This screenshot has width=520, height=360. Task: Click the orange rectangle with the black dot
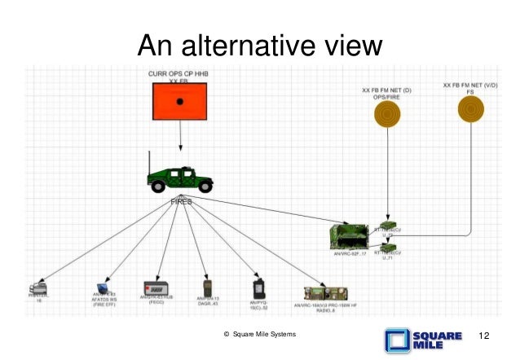point(180,101)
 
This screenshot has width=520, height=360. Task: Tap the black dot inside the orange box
point(181,101)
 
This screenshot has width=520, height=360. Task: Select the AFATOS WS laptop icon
point(103,289)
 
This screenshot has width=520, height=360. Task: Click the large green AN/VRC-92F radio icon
point(351,237)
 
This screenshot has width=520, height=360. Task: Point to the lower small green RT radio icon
point(389,245)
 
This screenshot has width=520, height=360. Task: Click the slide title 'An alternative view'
point(260,43)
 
